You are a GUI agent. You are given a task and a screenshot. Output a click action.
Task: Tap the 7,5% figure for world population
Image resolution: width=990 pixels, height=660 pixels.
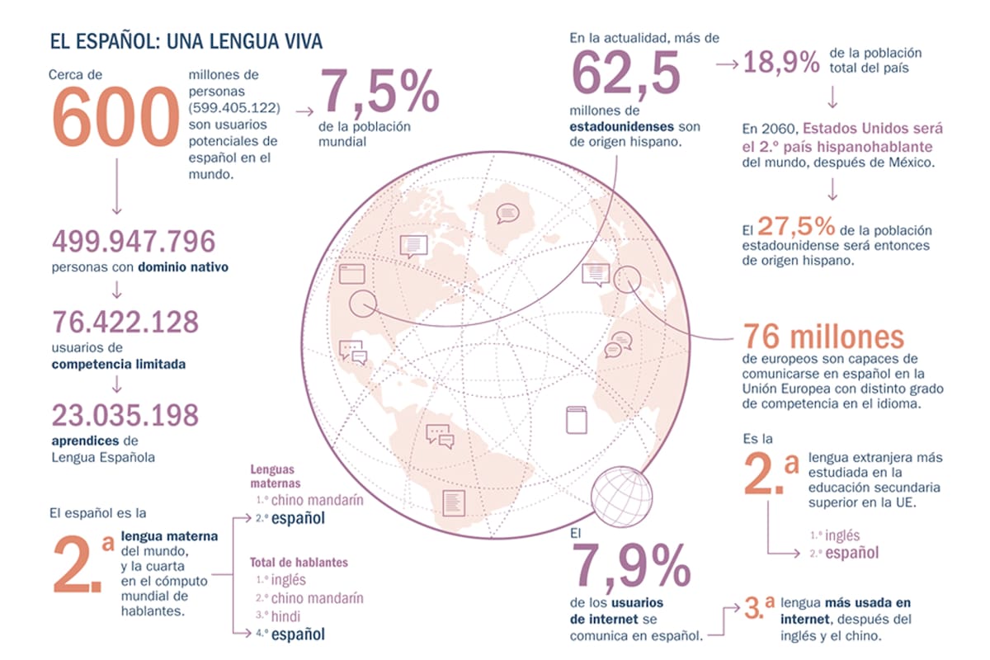point(379,92)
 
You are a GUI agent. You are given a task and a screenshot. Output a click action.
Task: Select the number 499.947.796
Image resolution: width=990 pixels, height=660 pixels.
point(134,241)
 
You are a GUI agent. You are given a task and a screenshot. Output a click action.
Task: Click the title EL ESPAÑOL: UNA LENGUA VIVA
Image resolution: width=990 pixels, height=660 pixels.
point(186,40)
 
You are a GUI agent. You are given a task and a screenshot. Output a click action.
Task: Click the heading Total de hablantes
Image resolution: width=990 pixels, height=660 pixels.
point(299,563)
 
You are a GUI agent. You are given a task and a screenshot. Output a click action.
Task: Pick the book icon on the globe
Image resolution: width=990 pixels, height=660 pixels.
point(576,420)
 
